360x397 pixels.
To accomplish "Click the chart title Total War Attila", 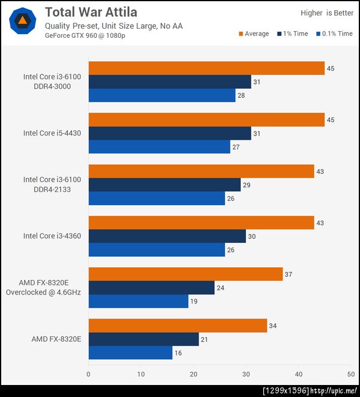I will point(91,12).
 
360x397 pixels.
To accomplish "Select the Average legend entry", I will point(254,34).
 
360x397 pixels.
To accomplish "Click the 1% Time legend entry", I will point(292,34).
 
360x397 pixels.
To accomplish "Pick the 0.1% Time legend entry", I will point(334,34).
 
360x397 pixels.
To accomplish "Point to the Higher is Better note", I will point(327,13).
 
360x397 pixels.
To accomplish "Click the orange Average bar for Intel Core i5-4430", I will point(206,120).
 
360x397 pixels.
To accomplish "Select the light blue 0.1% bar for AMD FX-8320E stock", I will point(130,353).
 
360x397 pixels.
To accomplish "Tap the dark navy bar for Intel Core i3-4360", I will point(167,236).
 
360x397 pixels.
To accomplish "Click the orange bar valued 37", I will point(185,274).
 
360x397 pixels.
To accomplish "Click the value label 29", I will point(247,185).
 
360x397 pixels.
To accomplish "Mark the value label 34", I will point(274,326).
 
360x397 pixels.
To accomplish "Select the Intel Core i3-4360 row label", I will point(52,236).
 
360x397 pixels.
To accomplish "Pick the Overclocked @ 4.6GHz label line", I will point(43,292).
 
